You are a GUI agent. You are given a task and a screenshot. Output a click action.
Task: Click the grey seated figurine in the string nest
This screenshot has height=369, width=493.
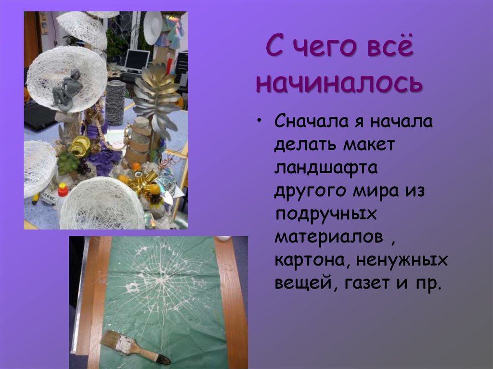click(x=67, y=89)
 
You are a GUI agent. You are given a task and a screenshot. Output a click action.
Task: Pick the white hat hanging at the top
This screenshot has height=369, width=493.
click(x=153, y=27)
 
